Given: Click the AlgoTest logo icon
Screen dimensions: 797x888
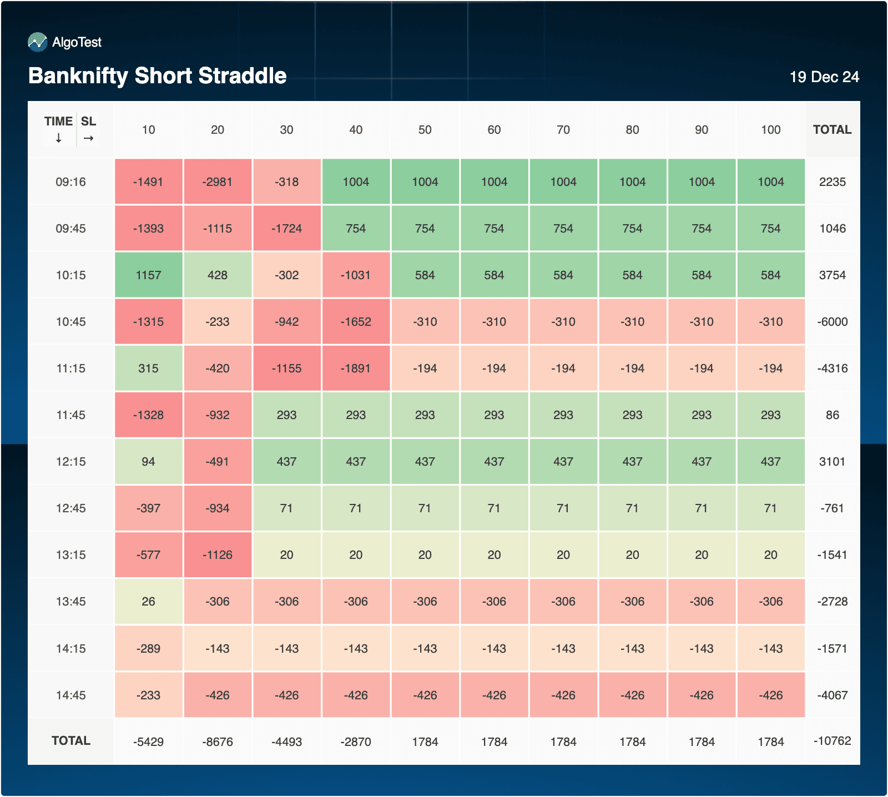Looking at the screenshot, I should [x=38, y=42].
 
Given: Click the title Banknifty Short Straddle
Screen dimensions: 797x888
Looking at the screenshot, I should [x=158, y=75].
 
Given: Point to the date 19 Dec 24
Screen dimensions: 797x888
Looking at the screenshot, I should [x=824, y=77].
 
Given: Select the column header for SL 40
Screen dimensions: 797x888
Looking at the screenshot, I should [x=356, y=130].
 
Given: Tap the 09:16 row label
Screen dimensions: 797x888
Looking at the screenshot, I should [x=71, y=182].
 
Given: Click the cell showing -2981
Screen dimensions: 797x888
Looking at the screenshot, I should [x=218, y=182].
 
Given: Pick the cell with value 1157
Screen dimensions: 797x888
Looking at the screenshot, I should [x=148, y=275].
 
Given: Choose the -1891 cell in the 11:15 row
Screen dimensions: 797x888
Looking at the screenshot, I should [x=356, y=369].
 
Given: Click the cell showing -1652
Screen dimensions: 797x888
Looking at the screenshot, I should [x=356, y=322].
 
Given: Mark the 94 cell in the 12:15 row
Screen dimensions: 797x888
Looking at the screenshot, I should [x=148, y=462].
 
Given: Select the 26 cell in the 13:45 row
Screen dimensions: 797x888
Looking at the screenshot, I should [x=148, y=602].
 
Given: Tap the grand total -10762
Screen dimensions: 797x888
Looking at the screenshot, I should [x=832, y=741].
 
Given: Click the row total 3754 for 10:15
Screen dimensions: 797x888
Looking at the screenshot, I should [x=832, y=275].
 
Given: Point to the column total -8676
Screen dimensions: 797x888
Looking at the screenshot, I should [x=218, y=742].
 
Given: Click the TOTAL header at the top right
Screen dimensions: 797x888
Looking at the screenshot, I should [x=832, y=130].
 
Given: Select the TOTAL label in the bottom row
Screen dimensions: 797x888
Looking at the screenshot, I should [x=71, y=741].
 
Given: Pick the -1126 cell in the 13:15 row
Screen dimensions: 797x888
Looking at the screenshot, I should [x=218, y=555].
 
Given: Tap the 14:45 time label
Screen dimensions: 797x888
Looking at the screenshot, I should [x=71, y=695].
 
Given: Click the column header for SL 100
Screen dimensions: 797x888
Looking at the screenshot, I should [x=770, y=130].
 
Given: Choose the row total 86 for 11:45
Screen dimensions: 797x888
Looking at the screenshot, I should [x=832, y=415].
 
